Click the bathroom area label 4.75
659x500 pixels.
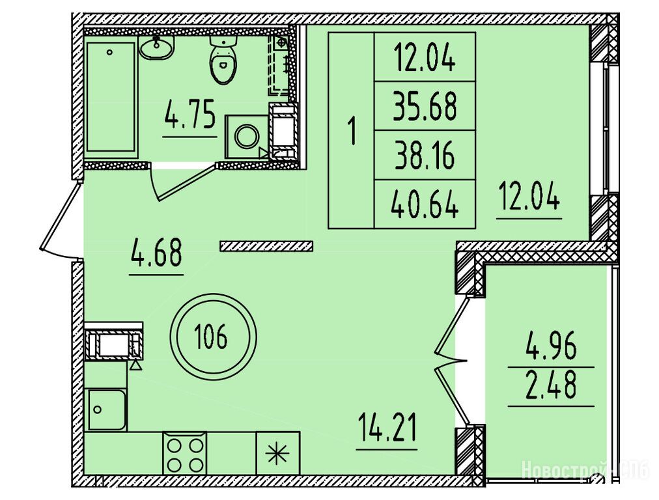tap(190, 113)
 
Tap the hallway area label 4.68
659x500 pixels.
tap(156, 252)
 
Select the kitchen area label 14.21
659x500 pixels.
tap(387, 428)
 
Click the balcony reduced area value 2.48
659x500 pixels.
tap(551, 385)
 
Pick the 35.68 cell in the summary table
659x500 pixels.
tap(425, 106)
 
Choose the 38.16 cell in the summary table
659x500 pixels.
tap(425, 156)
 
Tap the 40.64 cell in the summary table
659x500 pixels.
tap(425, 204)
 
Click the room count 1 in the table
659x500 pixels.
tap(352, 132)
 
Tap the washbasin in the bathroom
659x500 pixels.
tap(156, 48)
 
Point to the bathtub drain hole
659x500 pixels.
tap(109, 53)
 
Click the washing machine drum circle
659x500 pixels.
tap(245, 137)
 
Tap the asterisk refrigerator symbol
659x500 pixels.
tap(278, 454)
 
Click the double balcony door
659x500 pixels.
tap(451, 361)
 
